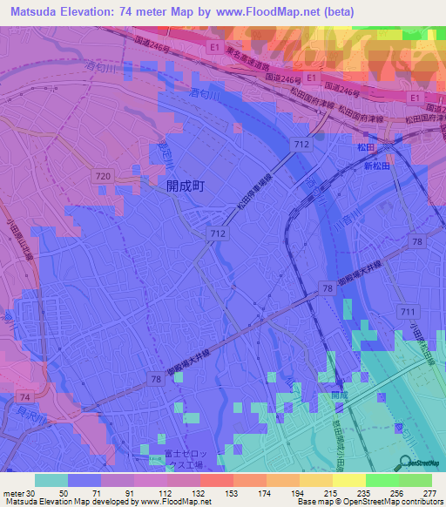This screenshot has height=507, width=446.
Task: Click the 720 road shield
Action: tap(102, 176)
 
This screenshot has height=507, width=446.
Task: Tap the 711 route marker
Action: tap(406, 311)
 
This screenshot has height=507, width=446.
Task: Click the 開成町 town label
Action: tap(185, 186)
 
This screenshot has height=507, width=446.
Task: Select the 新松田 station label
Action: tap(379, 166)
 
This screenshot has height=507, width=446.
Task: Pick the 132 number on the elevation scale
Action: tap(199, 493)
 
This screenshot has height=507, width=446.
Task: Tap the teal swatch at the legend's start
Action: tap(51, 480)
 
